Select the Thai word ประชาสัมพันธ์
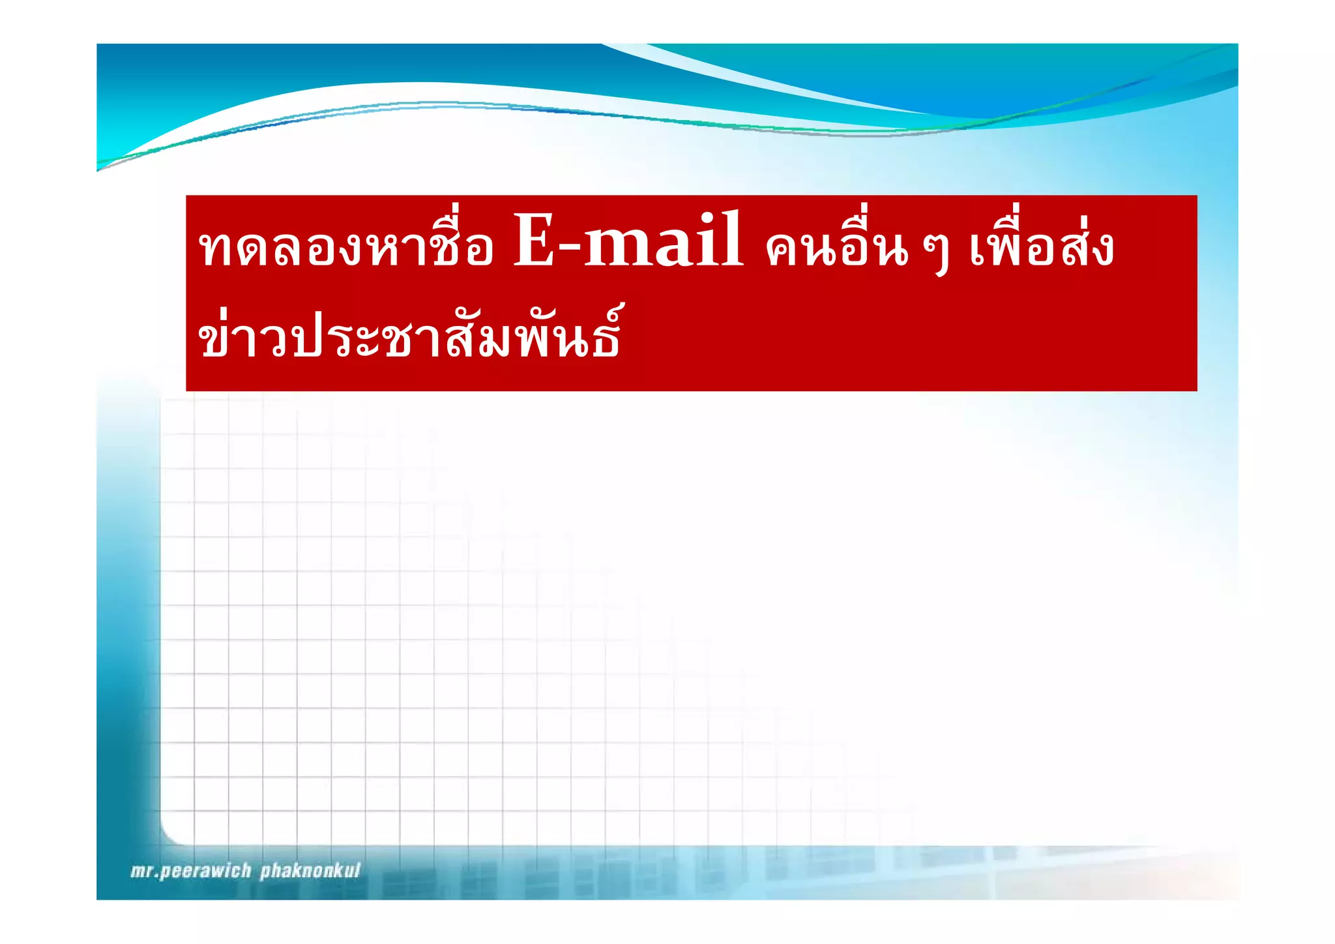click(x=456, y=336)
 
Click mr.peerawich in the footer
click(x=191, y=871)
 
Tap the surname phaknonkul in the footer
click(x=310, y=871)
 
